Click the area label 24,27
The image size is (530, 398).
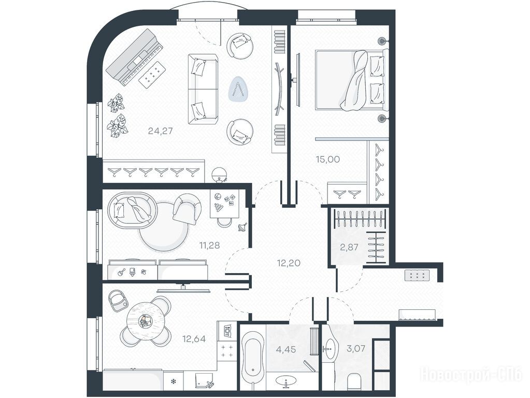click(x=160, y=131)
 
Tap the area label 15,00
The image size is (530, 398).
click(x=327, y=159)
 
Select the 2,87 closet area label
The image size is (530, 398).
click(x=349, y=247)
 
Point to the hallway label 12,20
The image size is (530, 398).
click(x=289, y=263)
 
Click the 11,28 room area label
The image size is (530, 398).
click(x=209, y=245)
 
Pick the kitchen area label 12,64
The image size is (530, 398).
click(x=194, y=338)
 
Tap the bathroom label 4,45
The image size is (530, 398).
click(x=286, y=349)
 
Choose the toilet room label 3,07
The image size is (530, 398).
click(x=356, y=348)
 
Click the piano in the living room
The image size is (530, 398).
click(x=135, y=57)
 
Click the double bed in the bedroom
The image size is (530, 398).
click(x=352, y=80)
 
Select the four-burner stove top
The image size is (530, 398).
click(x=226, y=351)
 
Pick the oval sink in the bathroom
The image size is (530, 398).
click(x=287, y=381)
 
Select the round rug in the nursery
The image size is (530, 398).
click(x=164, y=227)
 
